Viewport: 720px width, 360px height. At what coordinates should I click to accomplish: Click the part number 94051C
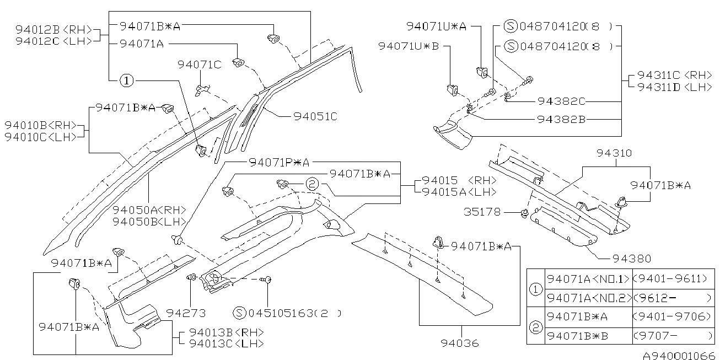pyautogui.click(x=315, y=116)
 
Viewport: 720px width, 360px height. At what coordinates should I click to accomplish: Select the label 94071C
pyautogui.click(x=199, y=65)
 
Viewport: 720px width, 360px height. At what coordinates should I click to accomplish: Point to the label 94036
pyautogui.click(x=459, y=343)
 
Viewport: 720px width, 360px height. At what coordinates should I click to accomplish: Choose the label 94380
pyautogui.click(x=631, y=258)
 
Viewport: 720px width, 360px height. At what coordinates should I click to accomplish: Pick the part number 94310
pyautogui.click(x=614, y=153)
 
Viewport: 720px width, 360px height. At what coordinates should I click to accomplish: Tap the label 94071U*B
pyautogui.click(x=409, y=46)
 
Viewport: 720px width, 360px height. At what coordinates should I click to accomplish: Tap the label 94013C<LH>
pyautogui.click(x=225, y=343)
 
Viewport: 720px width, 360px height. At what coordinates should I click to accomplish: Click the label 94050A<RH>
pyautogui.click(x=149, y=210)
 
